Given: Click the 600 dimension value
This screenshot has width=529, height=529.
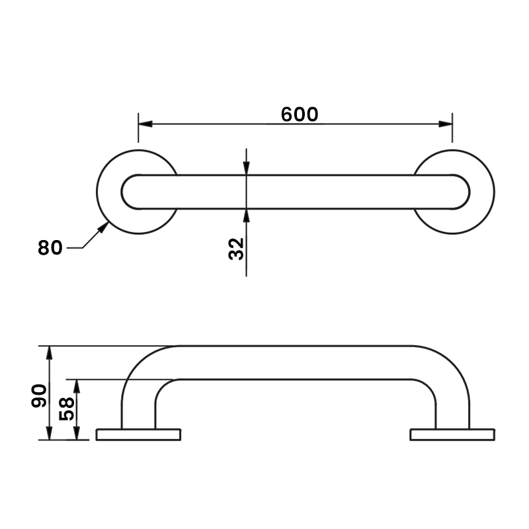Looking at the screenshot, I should pos(300,114).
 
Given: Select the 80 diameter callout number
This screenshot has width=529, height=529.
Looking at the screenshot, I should pos(50,248).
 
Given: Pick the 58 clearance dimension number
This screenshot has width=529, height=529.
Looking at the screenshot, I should pos(67,409).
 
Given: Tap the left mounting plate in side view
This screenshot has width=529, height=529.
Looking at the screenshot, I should pos(138,434).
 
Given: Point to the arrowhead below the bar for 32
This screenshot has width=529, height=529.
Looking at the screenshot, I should pos(246,214).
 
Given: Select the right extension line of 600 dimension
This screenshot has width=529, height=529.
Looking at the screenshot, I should pos(452,129).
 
